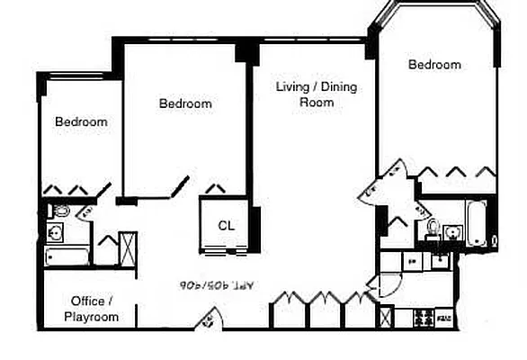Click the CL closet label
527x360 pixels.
[226, 226]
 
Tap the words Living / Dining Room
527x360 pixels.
[306, 94]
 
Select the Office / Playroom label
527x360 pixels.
[91, 309]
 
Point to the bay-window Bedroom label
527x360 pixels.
[434, 65]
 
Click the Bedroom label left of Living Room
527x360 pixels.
[185, 103]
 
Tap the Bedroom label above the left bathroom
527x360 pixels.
[81, 121]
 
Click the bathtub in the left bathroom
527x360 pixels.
[67, 256]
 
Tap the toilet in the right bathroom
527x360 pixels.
[433, 225]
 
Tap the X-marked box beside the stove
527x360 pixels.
[387, 318]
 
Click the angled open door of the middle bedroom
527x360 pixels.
[180, 186]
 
